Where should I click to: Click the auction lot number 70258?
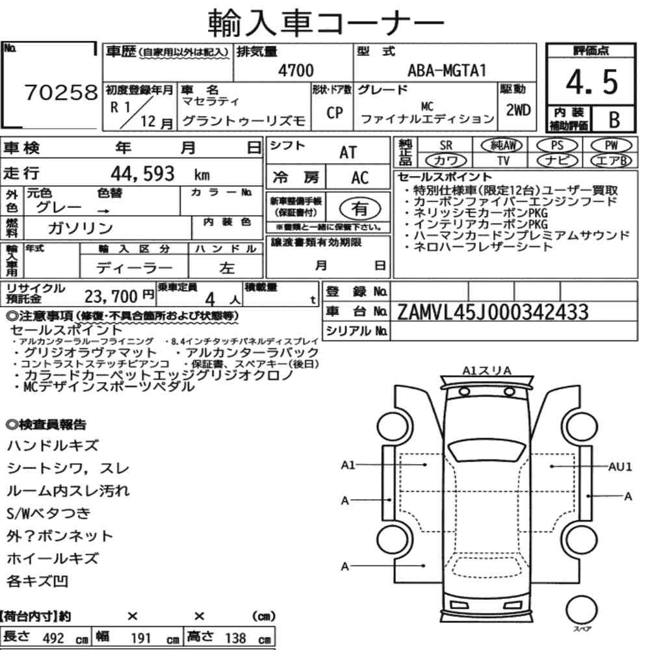61,92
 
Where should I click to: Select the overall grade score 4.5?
591,82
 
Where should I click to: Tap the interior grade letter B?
614,120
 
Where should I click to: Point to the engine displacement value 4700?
296,70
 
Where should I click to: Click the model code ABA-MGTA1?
447,70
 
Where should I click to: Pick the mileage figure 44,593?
142,174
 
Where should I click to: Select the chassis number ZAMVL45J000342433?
493,312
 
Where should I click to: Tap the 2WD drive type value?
518,110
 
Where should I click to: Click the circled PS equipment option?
557,146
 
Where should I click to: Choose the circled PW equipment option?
611,146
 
